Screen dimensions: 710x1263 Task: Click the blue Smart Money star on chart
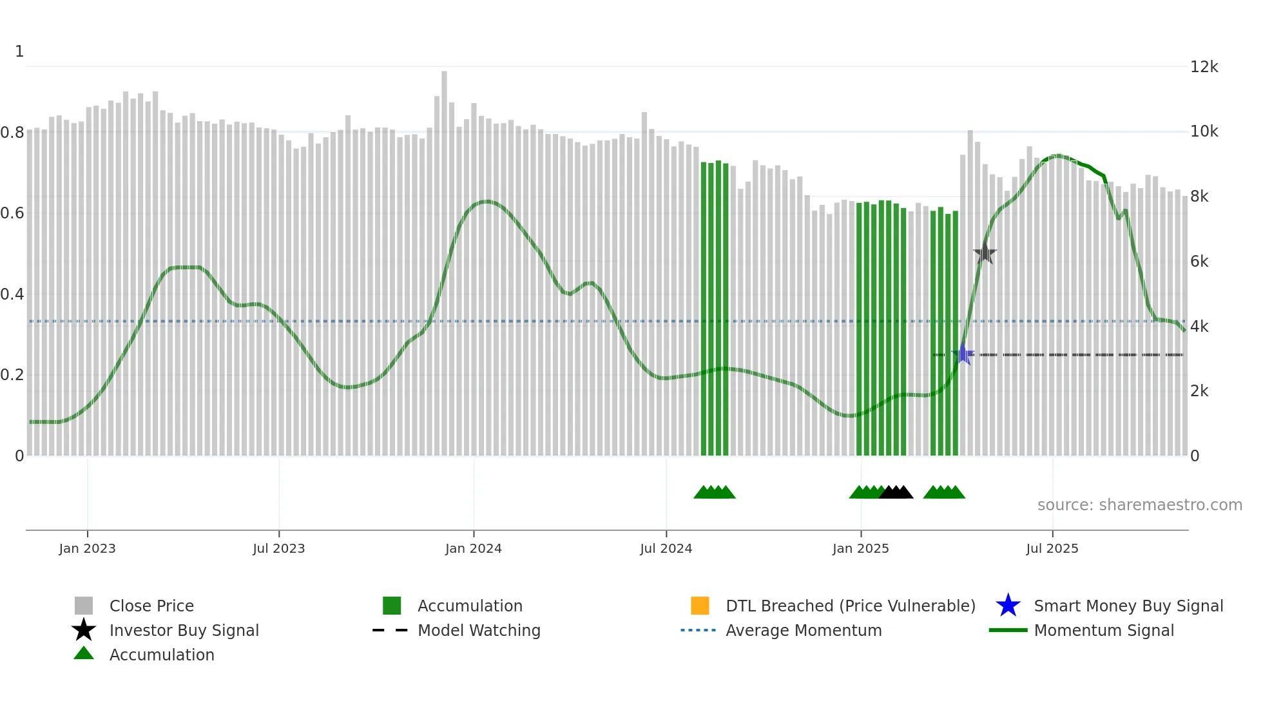[x=963, y=354]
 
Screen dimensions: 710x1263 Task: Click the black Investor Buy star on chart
[x=985, y=253]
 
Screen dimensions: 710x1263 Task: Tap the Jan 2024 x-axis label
[x=473, y=548]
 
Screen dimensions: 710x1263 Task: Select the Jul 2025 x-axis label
[x=1052, y=548]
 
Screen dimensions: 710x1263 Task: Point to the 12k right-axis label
[x=1203, y=67]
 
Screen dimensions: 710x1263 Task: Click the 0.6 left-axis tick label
[x=12, y=213]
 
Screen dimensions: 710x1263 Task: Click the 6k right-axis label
[x=1199, y=262]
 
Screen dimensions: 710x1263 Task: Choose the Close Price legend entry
[x=151, y=606]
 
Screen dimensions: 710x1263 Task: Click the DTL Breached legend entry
[x=850, y=606]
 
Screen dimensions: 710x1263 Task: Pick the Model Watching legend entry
[x=478, y=630]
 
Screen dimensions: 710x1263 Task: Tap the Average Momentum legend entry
[x=803, y=630]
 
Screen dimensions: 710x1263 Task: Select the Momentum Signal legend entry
[x=1103, y=630]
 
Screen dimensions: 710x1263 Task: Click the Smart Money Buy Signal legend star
[x=1008, y=606]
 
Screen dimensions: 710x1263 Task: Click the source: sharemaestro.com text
[x=1139, y=505]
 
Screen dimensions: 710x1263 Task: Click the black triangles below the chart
[x=896, y=492]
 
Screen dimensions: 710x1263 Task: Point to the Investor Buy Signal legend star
[x=84, y=630]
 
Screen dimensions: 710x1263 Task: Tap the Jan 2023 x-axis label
[x=87, y=548]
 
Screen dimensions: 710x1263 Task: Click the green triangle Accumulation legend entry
[x=161, y=655]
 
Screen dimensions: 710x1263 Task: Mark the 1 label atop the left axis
[x=19, y=52]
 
